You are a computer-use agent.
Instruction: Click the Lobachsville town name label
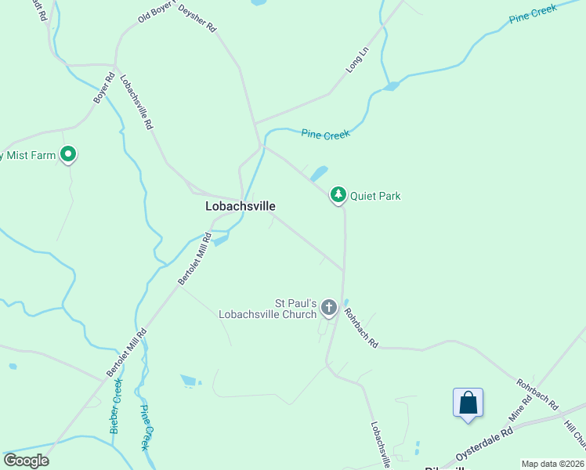[x=240, y=207]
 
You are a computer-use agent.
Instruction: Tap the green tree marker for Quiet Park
[x=338, y=194]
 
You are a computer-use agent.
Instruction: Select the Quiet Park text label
[x=375, y=196]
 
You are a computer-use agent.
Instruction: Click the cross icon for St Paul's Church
[x=329, y=307]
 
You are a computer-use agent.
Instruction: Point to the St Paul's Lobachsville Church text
[x=295, y=308]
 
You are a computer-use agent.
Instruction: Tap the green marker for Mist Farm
[x=68, y=154]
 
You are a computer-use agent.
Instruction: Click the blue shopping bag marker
[x=468, y=403]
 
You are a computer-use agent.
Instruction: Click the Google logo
[x=26, y=461]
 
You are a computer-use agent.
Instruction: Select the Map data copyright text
[x=552, y=464]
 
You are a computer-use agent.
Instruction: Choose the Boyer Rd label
[x=103, y=89]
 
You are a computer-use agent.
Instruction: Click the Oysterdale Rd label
[x=486, y=443]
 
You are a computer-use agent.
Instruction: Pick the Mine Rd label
[x=520, y=407]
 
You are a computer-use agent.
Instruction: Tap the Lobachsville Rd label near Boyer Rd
[x=136, y=102]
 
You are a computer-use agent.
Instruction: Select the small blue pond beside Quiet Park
[x=319, y=172]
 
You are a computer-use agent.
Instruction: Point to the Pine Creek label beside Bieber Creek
[x=145, y=427]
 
